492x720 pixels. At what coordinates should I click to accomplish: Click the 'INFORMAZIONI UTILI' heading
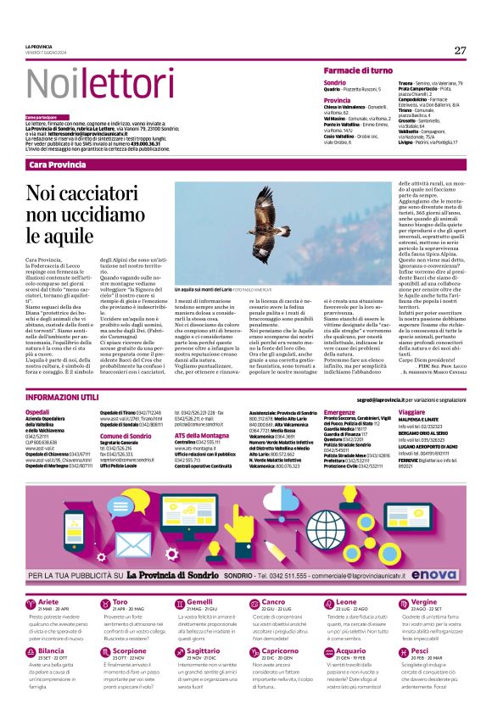pyautogui.click(x=64, y=397)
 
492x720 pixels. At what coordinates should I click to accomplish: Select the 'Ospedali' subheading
pyautogui.click(x=37, y=411)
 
